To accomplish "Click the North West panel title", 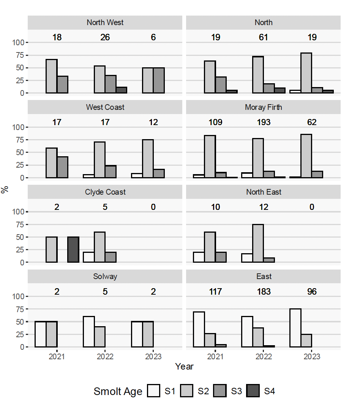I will pos(105,22).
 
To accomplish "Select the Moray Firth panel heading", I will pos(263,107).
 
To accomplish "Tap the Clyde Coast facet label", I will pos(105,192).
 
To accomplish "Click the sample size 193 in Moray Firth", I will pos(264,122).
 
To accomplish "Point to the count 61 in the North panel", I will pos(264,37).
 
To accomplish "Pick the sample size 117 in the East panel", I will pos(215,292).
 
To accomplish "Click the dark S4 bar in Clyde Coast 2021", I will pos(73,249).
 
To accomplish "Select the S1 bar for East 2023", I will pos(295,328).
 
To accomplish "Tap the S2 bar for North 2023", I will pos(306,73).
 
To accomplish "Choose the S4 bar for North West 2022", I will pos(122,90).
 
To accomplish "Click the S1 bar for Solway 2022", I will pos(89,332).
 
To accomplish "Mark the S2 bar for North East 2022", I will pos(258,243).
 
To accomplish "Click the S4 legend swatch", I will pos(253,391).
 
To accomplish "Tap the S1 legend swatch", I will pos(153,391).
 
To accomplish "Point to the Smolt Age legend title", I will pos(118,391).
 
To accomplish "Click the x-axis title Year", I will pos(184,367).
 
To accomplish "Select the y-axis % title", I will pos(5,190).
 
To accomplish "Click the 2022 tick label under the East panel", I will pos(264,357).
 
